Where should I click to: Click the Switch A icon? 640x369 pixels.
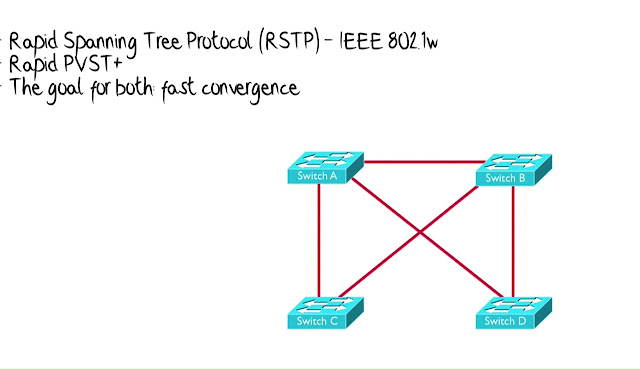point(325,168)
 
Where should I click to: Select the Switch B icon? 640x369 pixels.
point(514,170)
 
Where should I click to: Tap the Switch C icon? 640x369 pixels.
point(325,313)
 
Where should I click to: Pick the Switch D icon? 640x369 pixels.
point(514,313)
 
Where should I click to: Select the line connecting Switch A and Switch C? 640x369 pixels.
point(319,240)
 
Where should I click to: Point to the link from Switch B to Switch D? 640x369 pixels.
point(513,242)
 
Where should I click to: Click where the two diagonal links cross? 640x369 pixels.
point(420,233)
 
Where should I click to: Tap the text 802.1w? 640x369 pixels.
point(413,41)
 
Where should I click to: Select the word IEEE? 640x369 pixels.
point(362,41)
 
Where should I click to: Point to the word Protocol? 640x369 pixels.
point(218,40)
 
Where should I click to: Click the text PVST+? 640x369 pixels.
point(93,64)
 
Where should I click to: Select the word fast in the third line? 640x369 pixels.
point(178,88)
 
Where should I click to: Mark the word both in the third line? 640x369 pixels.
point(134,86)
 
